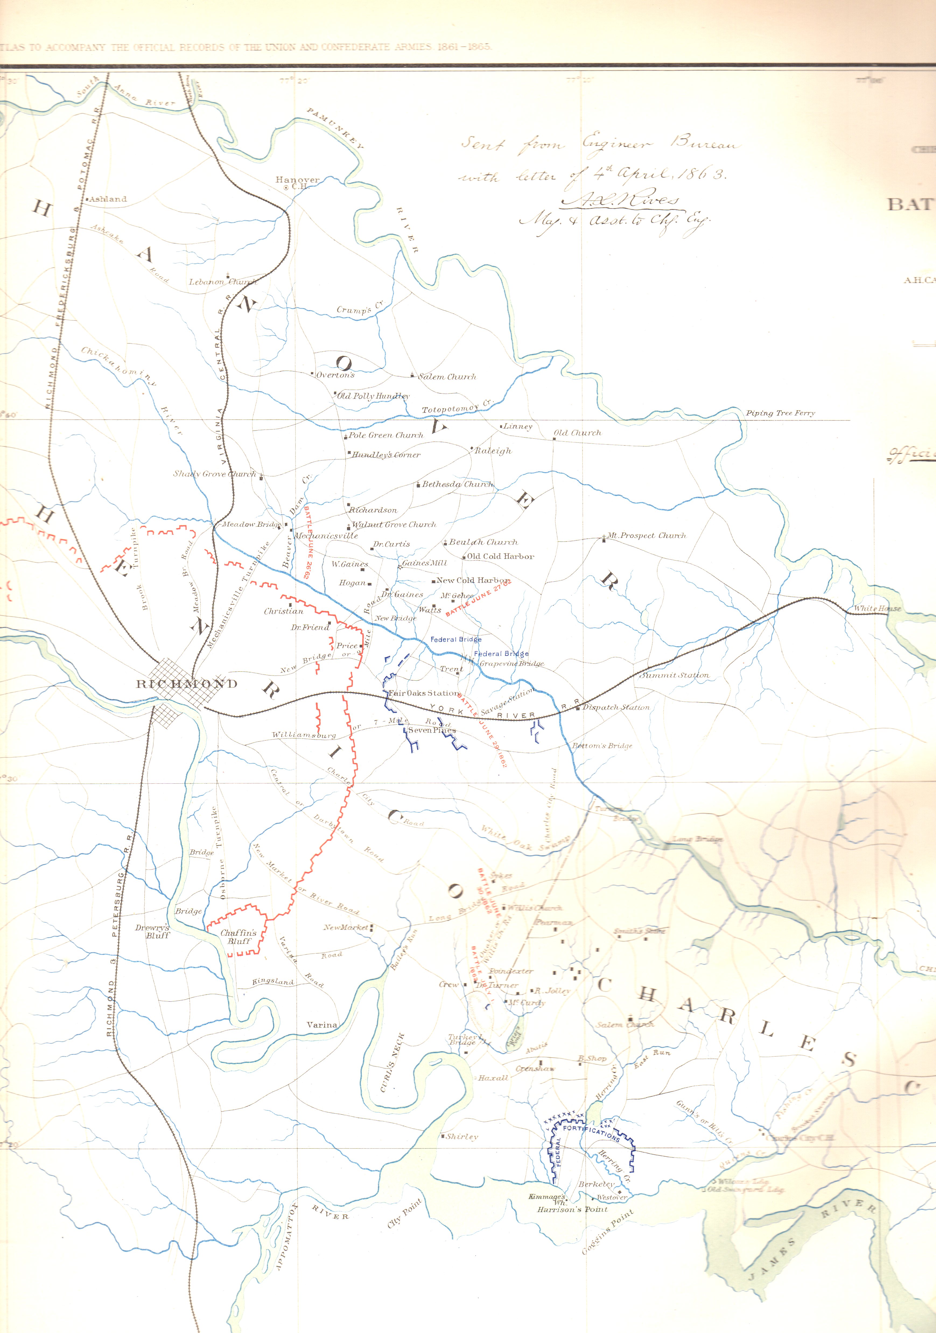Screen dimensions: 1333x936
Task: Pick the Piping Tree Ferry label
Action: (780, 413)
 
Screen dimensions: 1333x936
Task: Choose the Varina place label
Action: (322, 1025)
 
